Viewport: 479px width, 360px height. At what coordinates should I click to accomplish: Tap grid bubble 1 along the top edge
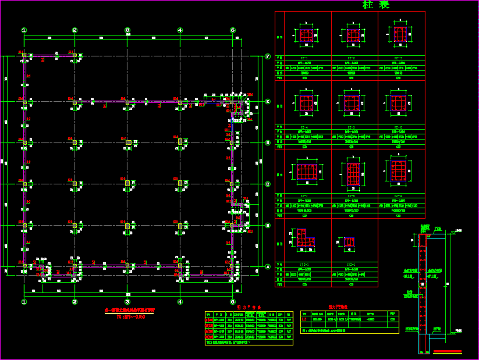pyautogui.click(x=24, y=30)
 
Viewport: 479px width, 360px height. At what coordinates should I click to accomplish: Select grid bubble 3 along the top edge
pyautogui.click(x=127, y=30)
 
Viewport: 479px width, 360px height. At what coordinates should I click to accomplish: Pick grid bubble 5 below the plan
pyautogui.click(x=232, y=302)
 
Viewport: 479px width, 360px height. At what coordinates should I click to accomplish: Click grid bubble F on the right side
pyautogui.click(x=268, y=56)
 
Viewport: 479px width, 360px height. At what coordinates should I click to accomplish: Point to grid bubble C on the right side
pyautogui.click(x=268, y=184)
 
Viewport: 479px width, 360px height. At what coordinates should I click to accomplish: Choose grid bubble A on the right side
pyautogui.click(x=268, y=267)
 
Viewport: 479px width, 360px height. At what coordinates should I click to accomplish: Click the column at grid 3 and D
pyautogui.click(x=127, y=142)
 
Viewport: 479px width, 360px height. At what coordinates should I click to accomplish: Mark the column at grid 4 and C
pyautogui.click(x=180, y=184)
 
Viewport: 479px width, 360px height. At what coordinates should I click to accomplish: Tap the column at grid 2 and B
pyautogui.click(x=74, y=225)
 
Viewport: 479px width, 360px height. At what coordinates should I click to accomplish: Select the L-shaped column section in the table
pyautogui.click(x=304, y=238)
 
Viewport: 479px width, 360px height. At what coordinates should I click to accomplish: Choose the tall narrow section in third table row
pyautogui.click(x=354, y=173)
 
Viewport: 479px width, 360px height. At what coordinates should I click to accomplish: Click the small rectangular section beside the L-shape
pyautogui.click(x=349, y=242)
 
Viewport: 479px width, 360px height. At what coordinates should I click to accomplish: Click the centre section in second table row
pyautogui.click(x=353, y=103)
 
